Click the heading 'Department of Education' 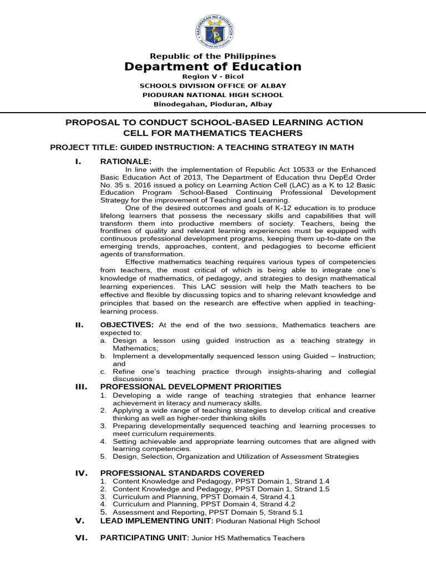pyautogui.click(x=213, y=67)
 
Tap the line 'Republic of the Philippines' pyautogui.click(x=213, y=56)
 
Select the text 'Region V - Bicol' pyautogui.click(x=213, y=77)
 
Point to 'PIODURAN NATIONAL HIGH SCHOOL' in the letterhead pyautogui.click(x=213, y=95)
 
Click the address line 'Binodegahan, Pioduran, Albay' pyautogui.click(x=213, y=104)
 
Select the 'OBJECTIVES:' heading pyautogui.click(x=126, y=324)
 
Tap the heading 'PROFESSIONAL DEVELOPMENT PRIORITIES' pyautogui.click(x=190, y=386)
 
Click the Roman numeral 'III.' pyautogui.click(x=81, y=386)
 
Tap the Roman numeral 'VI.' pyautogui.click(x=81, y=537)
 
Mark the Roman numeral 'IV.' pyautogui.click(x=81, y=473)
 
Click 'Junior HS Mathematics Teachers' pyautogui.click(x=248, y=538)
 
